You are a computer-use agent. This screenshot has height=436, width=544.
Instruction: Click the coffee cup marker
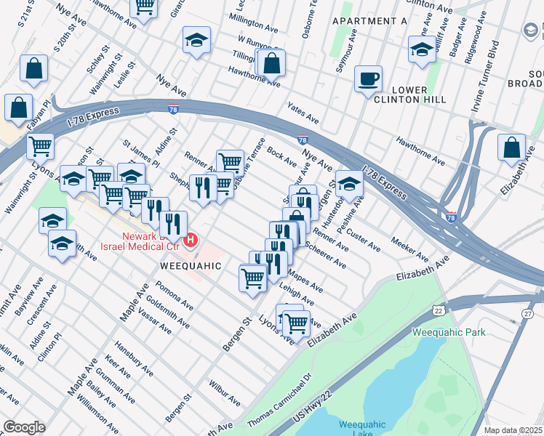point(369,78)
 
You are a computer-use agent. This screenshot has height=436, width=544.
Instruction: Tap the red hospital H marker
point(191,239)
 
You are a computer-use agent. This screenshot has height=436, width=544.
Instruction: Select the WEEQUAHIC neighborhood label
point(190,266)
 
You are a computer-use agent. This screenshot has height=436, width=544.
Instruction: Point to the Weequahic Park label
point(448,332)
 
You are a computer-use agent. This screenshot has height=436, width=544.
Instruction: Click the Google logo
point(24,427)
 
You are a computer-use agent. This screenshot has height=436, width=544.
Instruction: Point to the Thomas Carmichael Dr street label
point(279,400)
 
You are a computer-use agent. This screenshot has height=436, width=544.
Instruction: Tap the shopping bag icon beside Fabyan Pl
point(18,108)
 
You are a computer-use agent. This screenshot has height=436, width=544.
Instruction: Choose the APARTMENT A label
point(369,21)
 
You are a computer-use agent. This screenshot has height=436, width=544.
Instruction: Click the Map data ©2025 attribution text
point(513,430)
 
